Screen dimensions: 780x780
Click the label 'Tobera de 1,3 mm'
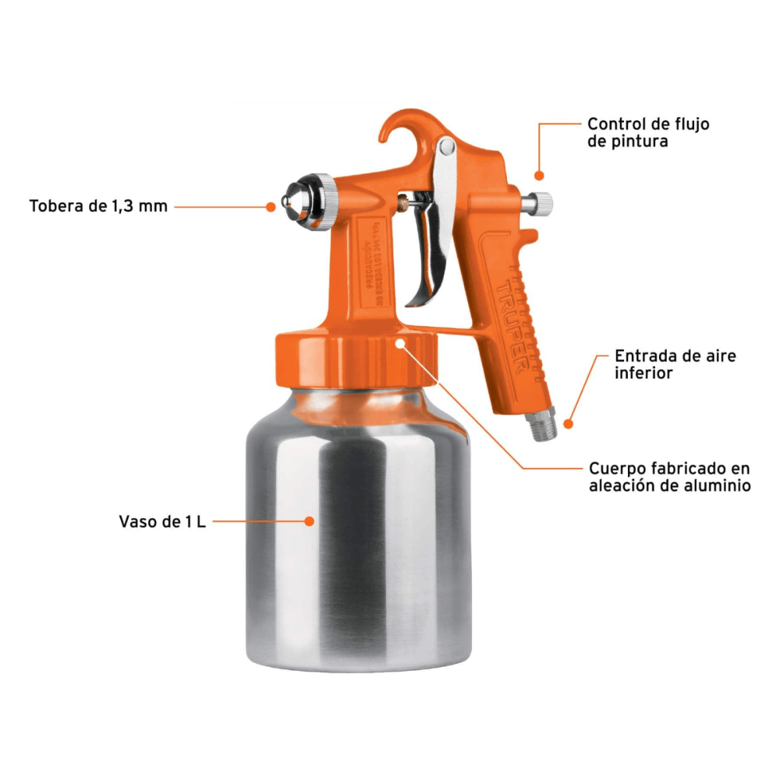coord(98,206)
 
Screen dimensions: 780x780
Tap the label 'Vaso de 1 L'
coord(162,521)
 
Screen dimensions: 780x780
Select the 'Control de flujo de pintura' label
coord(648,133)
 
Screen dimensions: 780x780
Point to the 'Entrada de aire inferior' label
coord(675,364)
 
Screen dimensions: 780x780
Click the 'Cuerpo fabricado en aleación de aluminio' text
coord(669,476)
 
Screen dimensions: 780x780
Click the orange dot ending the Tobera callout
coord(271,207)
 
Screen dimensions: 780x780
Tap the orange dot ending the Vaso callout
coord(309,521)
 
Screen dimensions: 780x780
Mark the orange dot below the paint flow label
coord(539,175)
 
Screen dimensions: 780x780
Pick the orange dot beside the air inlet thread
coord(568,424)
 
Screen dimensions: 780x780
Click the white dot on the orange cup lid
coord(400,343)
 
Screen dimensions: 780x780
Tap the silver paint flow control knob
coord(539,203)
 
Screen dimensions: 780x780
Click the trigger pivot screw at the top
coord(446,147)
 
